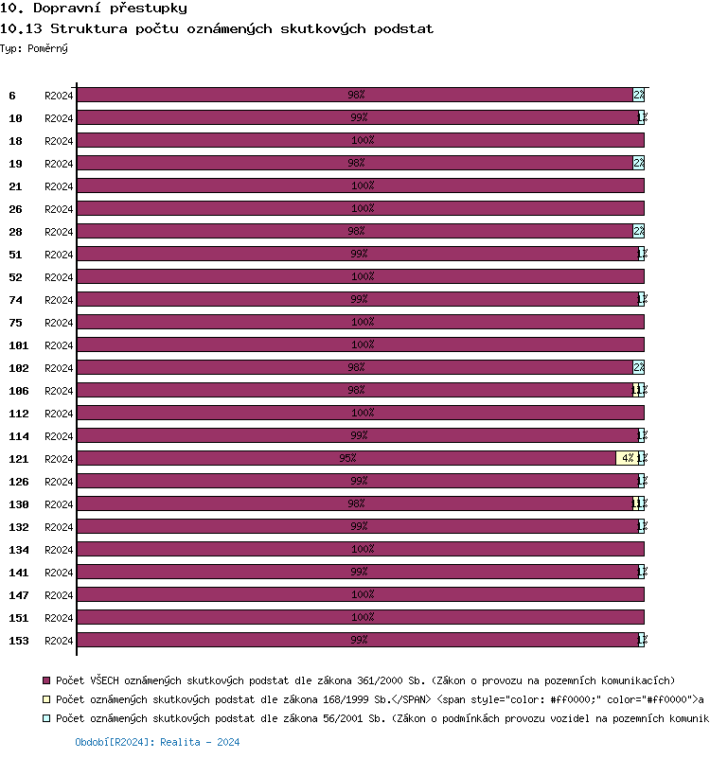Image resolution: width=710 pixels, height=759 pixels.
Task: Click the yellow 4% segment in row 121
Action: [627, 458]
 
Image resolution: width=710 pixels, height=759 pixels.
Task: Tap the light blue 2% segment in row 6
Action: [639, 95]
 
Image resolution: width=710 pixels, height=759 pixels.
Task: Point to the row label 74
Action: [15, 300]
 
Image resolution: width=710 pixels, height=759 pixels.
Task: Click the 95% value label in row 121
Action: [347, 458]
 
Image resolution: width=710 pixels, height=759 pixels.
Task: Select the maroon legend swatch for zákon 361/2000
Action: [46, 680]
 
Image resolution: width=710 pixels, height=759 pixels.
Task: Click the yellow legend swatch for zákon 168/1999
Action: [46, 699]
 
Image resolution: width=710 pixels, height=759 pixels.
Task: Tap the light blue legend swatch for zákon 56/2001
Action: [46, 718]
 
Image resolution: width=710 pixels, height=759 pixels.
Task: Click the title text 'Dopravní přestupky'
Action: [103, 9]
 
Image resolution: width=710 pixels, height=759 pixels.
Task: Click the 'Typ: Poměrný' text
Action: [34, 47]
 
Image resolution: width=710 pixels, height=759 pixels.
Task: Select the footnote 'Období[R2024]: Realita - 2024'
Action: [157, 743]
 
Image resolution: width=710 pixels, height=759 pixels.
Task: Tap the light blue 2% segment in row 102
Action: [639, 367]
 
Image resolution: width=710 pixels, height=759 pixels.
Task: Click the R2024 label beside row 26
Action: [59, 209]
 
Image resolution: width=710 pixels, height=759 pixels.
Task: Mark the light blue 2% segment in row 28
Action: [639, 231]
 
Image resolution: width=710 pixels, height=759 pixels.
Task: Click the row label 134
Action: [19, 550]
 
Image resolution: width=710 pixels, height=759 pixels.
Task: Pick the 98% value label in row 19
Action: [356, 163]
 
